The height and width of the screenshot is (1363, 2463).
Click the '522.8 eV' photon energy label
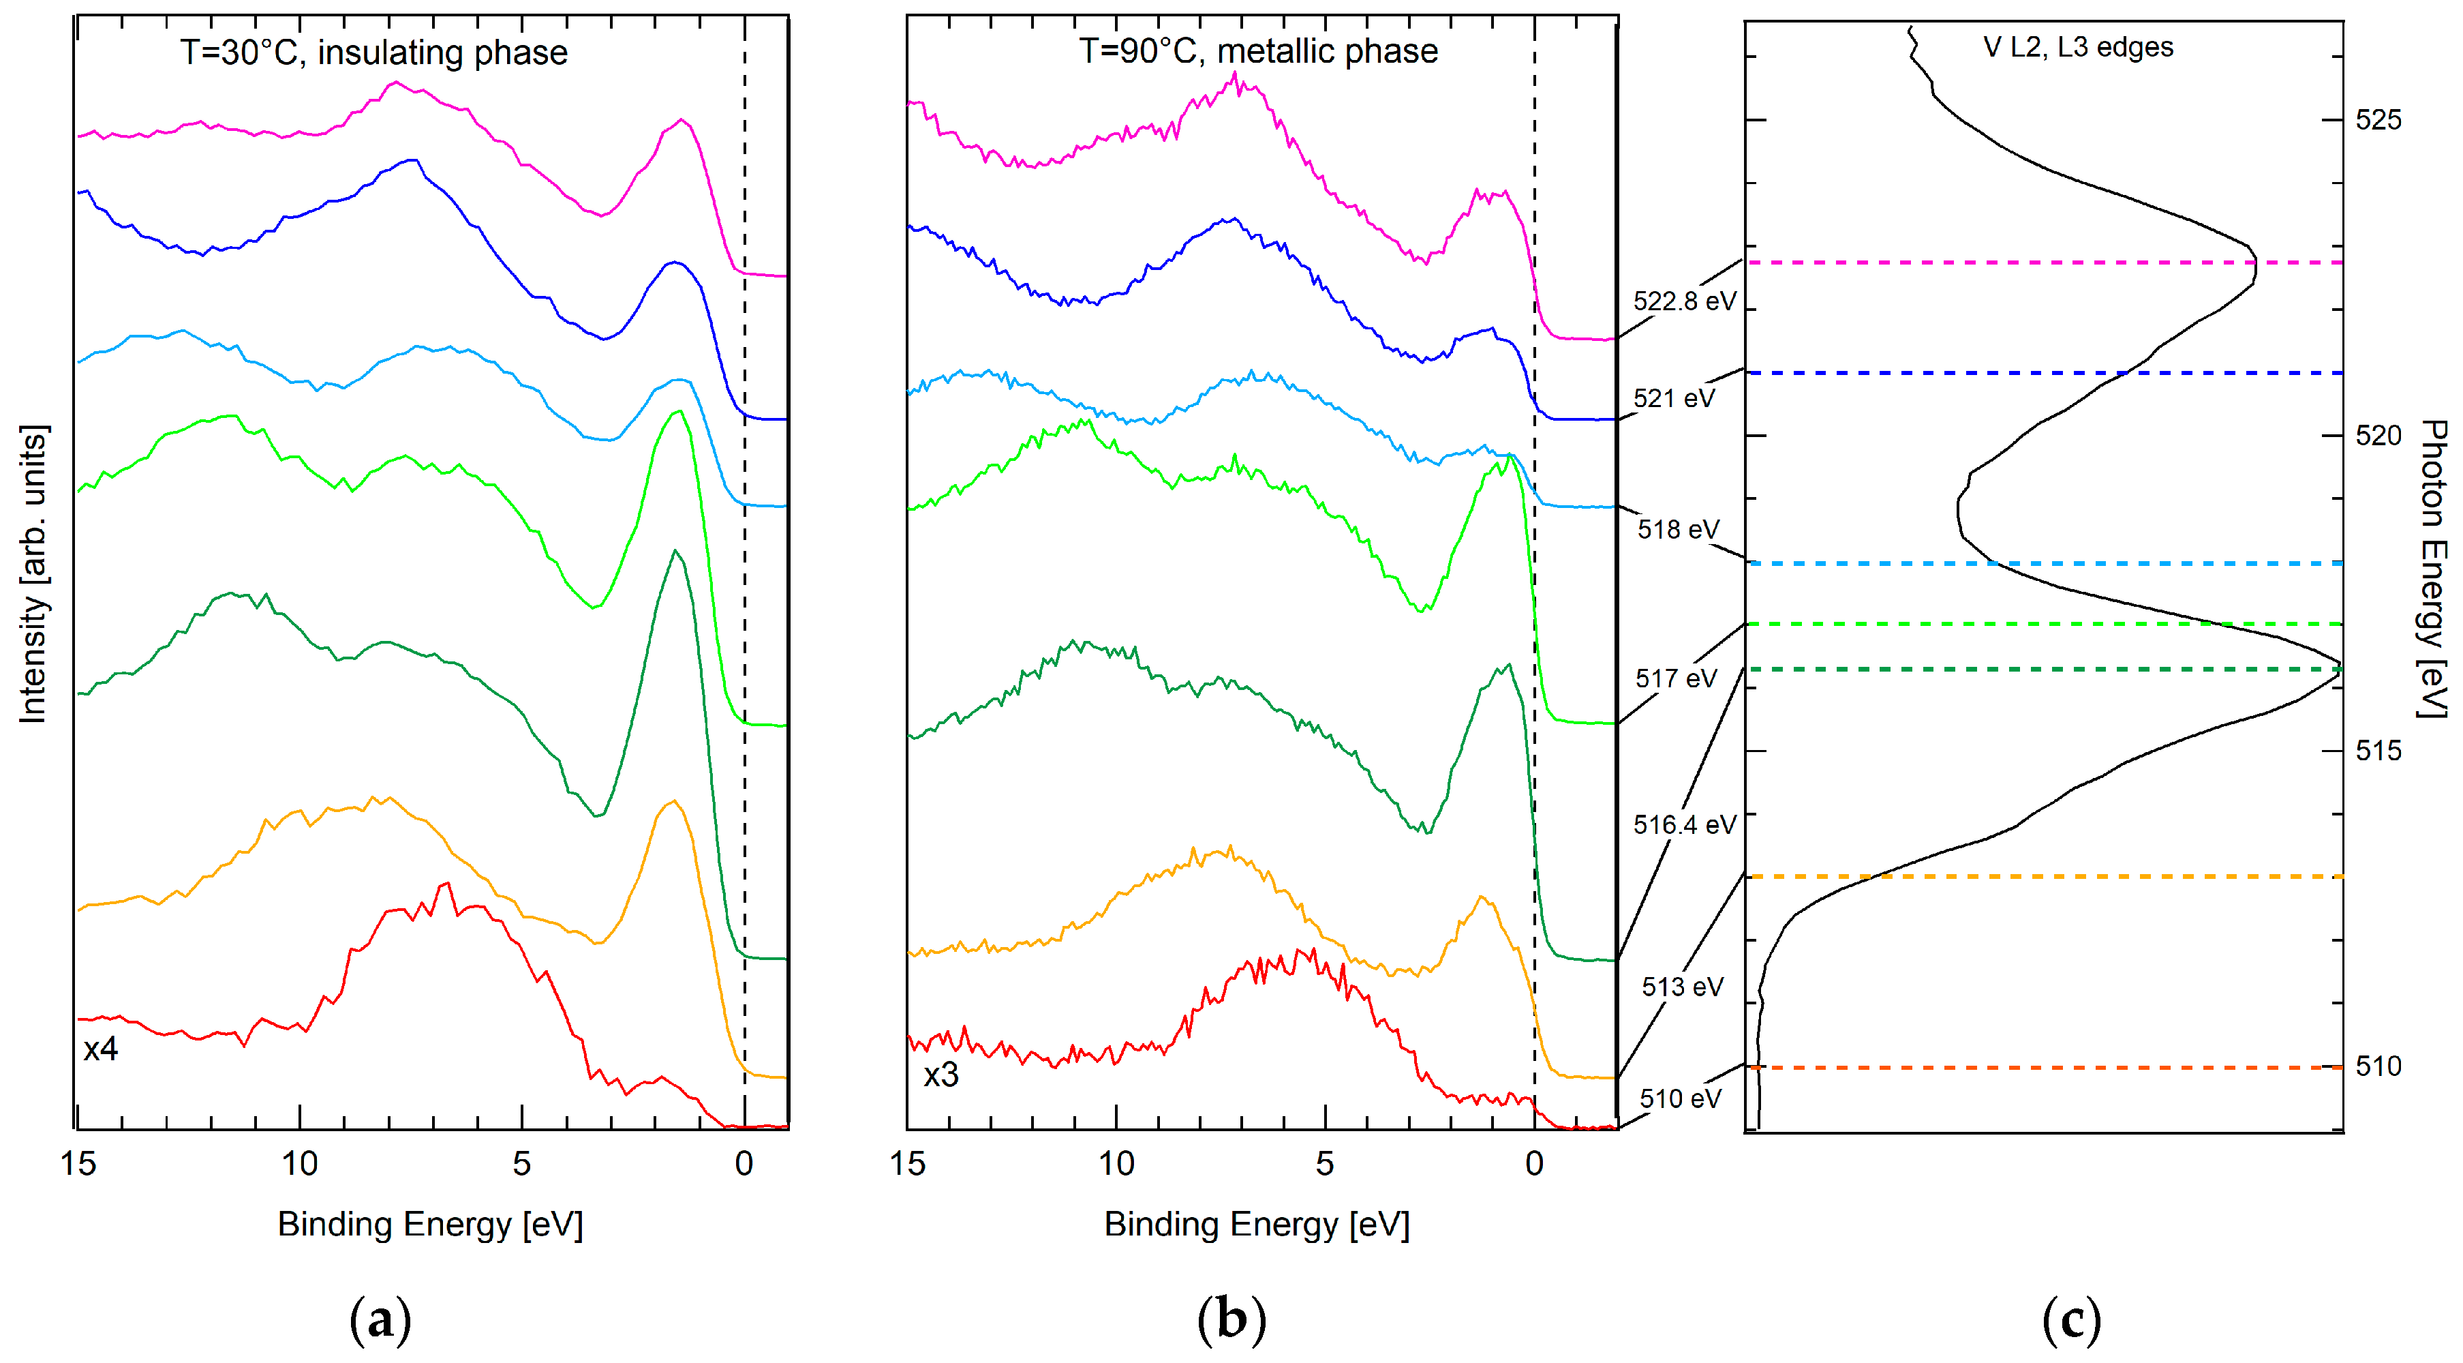tap(1684, 301)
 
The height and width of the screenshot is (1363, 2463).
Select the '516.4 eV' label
tap(1684, 824)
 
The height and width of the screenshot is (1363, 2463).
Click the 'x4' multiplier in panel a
tap(100, 1049)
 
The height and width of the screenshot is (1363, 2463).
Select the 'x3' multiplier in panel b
tap(941, 1075)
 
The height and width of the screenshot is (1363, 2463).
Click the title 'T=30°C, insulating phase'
tap(374, 52)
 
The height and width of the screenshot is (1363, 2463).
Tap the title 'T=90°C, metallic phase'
tap(1258, 50)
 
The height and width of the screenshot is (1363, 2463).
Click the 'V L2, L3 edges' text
tap(2078, 47)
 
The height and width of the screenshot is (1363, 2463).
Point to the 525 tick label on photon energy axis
tap(2378, 121)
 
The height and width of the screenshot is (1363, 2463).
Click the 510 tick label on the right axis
tap(2378, 1066)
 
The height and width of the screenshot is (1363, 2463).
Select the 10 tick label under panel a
tap(299, 1164)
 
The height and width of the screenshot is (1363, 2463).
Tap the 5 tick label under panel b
tap(1324, 1164)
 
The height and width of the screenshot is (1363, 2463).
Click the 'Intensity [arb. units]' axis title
tap(33, 574)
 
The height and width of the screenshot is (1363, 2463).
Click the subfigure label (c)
tap(2071, 1320)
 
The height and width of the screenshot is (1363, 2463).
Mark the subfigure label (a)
tap(380, 1320)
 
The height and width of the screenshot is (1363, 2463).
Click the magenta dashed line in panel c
tap(2008, 262)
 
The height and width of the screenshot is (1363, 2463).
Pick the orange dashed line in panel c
tap(2008, 876)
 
